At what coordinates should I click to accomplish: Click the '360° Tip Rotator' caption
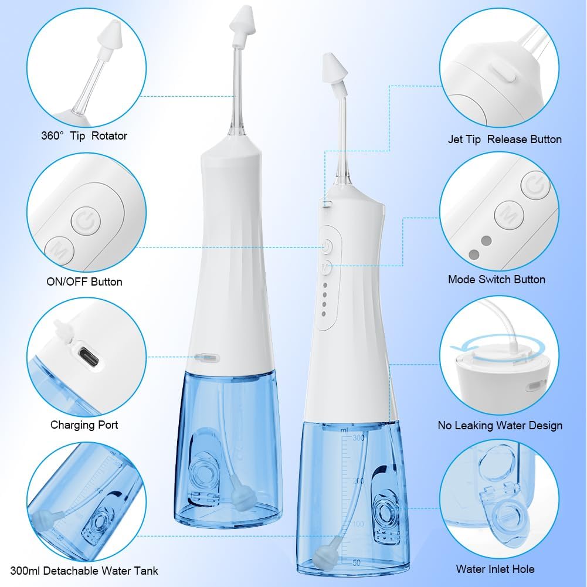click(x=84, y=135)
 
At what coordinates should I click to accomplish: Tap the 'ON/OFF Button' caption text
click(x=84, y=281)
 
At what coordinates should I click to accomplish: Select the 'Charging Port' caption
click(x=84, y=425)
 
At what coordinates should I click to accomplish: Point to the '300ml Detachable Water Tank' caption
click(x=84, y=571)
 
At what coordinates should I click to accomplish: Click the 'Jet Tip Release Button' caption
click(x=505, y=139)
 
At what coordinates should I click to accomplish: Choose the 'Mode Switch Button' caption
click(x=497, y=280)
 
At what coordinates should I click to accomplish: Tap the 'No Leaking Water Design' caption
click(x=500, y=426)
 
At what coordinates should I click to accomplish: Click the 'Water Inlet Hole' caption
click(x=496, y=569)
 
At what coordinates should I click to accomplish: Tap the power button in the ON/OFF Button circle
click(x=86, y=221)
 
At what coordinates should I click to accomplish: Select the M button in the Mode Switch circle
click(x=509, y=215)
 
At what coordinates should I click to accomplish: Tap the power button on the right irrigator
click(x=327, y=246)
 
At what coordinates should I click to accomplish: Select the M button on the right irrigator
click(x=325, y=267)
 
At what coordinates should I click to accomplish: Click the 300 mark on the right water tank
click(x=358, y=437)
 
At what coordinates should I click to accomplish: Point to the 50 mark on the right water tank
click(x=357, y=562)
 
